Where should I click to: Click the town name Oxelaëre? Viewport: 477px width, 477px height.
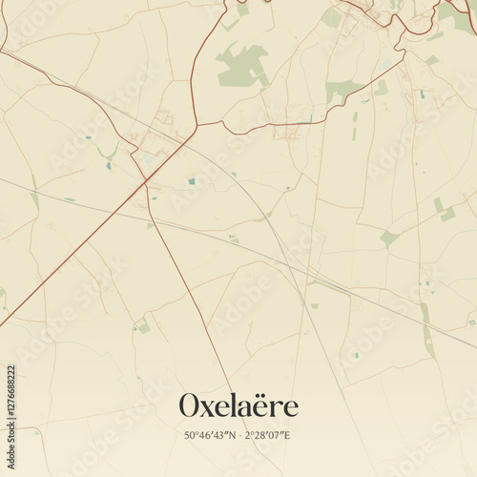(x=238, y=405)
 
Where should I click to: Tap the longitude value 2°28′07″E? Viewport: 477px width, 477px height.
(x=270, y=435)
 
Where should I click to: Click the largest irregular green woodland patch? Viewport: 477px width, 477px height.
(x=241, y=67)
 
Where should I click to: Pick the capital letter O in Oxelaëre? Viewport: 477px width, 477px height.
(x=192, y=405)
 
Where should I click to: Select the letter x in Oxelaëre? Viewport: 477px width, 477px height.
(x=212, y=408)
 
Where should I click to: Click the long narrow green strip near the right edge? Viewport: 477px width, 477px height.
(x=426, y=329)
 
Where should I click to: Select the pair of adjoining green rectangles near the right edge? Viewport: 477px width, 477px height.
(x=445, y=210)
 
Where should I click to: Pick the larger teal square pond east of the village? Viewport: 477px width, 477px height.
(x=191, y=180)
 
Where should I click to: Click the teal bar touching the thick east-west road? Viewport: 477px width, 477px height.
(x=303, y=121)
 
